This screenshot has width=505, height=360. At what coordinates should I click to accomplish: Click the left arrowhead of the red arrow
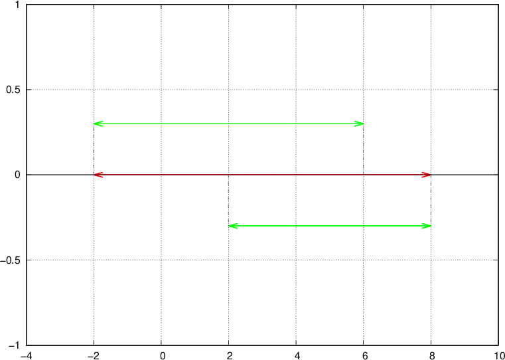point(94,175)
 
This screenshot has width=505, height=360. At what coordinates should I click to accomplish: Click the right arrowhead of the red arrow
point(431,175)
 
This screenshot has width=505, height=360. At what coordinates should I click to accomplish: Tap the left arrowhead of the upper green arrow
point(94,124)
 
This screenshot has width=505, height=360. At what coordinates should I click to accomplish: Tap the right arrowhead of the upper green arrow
point(363,124)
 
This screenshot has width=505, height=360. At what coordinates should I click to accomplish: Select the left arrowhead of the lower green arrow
point(229,226)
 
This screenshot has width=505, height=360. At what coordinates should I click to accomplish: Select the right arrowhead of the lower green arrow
point(431,226)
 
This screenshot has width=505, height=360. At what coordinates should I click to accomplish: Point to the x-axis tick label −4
point(27,355)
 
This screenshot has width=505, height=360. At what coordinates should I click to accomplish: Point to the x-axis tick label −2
point(94,355)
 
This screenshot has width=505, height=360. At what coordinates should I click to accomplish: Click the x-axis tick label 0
point(163,355)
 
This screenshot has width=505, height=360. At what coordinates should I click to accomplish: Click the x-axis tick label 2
point(230,355)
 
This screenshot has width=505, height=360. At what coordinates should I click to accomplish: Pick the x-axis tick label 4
point(297,355)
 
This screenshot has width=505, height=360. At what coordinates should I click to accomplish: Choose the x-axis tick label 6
point(364,355)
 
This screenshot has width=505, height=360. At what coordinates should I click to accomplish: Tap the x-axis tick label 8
point(432,355)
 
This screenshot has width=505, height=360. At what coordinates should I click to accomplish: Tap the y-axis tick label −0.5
point(11,260)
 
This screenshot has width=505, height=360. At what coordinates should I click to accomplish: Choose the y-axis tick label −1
point(15,345)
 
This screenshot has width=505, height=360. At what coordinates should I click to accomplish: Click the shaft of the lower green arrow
point(329,226)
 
